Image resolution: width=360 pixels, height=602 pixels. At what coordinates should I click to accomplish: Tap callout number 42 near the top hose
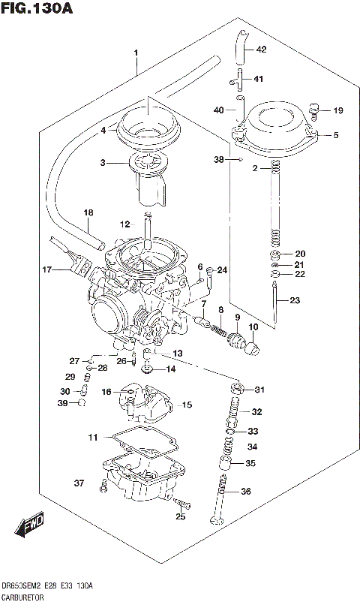[260, 50]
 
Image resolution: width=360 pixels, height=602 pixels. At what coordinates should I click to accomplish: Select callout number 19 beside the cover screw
[337, 111]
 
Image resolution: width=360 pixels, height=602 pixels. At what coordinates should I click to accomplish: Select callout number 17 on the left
[46, 269]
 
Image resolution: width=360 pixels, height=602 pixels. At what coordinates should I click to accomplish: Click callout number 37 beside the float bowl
[77, 482]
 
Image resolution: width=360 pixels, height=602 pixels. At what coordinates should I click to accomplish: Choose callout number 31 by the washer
[259, 389]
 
